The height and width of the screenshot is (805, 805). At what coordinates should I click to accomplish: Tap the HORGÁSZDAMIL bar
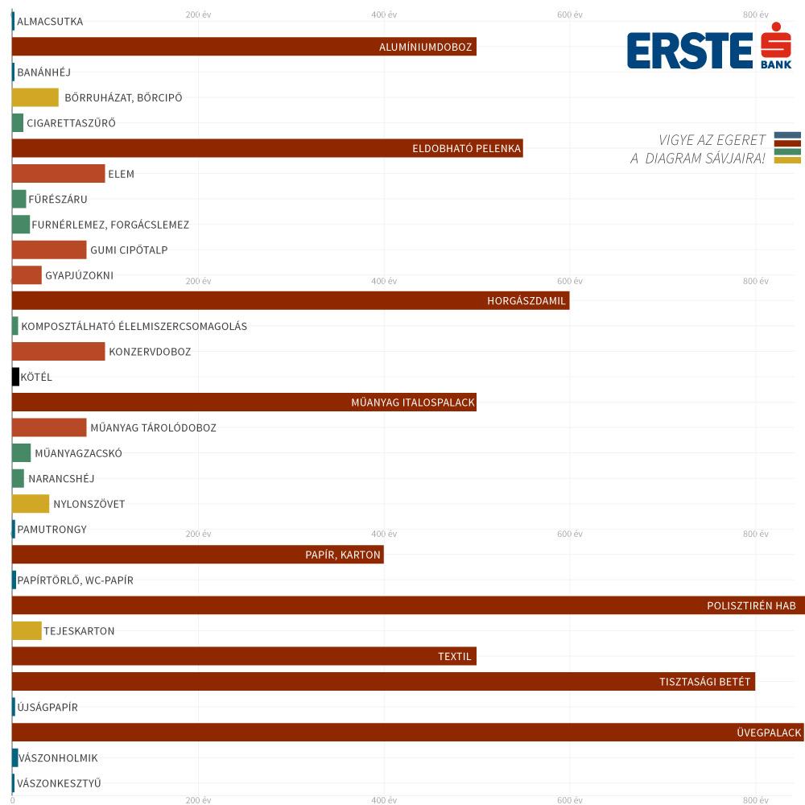290,301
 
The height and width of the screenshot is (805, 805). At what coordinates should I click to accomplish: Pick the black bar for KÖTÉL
15,377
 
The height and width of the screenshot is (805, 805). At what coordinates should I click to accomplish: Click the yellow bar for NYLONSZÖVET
31,504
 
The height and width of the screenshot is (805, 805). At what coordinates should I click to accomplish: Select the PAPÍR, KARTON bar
197,555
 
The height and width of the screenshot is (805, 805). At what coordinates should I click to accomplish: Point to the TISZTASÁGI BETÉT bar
383,682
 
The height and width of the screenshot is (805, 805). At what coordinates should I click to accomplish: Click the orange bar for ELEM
58,174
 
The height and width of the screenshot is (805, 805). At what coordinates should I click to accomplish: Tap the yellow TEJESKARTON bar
27,631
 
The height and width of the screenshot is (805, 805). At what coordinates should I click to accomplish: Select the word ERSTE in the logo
689,51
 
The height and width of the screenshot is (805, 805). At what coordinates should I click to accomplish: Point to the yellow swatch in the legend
787,160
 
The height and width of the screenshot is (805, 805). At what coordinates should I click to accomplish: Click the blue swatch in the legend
787,135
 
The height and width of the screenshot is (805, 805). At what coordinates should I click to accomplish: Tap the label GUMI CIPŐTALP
129,250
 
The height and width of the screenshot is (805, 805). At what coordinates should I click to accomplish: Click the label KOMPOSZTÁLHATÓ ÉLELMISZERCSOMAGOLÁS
134,327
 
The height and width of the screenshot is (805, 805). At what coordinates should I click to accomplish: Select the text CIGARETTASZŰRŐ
71,123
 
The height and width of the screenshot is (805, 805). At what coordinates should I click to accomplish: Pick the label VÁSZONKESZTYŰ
59,783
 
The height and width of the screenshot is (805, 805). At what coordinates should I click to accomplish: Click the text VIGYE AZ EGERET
712,141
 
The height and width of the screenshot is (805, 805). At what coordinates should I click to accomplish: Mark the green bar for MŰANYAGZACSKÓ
21,453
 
